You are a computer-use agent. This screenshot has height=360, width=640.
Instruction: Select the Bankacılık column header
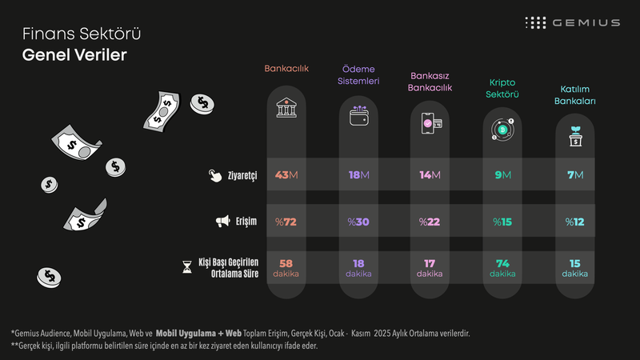286,69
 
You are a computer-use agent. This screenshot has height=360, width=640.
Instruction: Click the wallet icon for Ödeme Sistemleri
358,118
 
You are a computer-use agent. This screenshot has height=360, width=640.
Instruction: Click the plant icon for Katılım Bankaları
574,136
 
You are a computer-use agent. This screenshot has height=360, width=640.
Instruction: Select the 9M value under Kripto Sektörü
503,175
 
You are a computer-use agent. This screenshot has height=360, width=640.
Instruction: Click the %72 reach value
286,222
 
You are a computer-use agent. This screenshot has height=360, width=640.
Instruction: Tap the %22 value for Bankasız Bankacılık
430,222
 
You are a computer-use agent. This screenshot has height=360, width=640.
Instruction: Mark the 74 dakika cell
503,268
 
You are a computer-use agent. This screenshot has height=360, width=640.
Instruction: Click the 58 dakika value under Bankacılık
286,268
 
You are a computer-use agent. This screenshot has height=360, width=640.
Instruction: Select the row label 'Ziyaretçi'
242,175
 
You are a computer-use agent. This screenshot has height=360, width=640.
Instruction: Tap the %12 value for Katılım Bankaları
574,222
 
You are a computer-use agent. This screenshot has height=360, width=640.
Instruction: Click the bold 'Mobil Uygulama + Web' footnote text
198,332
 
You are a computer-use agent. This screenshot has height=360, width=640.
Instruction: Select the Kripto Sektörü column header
503,88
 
